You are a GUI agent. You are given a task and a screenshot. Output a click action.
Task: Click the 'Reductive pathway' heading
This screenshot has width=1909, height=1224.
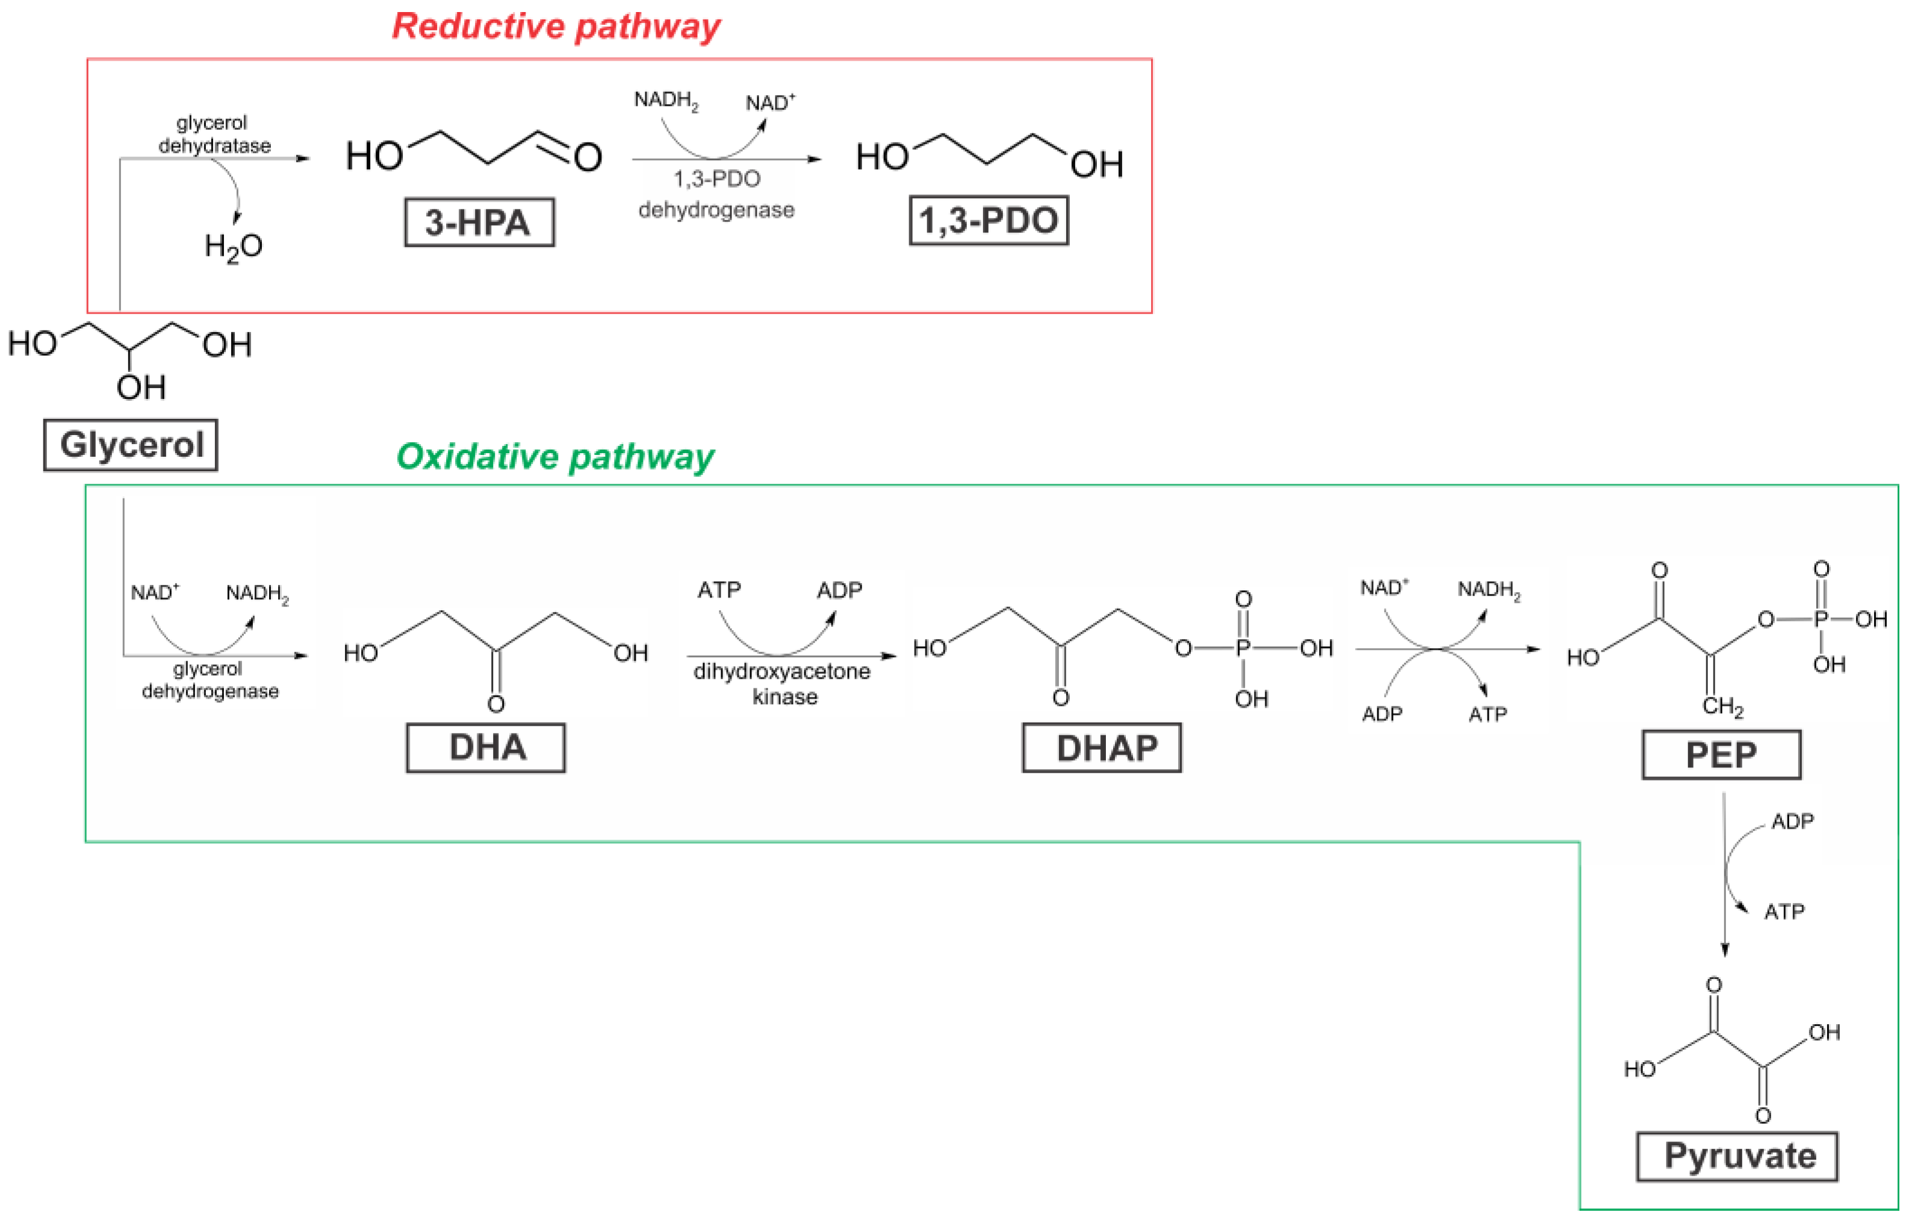556,26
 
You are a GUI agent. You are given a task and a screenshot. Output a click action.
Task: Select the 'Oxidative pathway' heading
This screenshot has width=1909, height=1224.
555,457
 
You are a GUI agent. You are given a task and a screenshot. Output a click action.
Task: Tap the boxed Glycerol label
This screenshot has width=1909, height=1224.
131,445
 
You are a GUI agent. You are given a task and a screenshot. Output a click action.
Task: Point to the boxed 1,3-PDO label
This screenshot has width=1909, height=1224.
989,221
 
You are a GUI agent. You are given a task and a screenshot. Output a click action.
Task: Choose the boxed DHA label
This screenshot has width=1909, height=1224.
486,748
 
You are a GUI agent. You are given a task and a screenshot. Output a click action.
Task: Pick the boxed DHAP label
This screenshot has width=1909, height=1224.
1101,748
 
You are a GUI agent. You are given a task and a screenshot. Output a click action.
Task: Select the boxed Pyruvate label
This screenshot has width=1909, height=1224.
1737,1157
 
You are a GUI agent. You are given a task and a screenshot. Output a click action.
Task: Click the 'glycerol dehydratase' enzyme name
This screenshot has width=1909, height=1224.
214,134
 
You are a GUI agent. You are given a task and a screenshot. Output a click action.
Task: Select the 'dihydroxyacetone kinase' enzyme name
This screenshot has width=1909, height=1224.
783,684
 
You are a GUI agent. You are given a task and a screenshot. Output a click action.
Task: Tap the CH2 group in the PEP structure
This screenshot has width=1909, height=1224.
1722,706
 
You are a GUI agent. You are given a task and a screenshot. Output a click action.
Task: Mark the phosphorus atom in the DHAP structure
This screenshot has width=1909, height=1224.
1243,649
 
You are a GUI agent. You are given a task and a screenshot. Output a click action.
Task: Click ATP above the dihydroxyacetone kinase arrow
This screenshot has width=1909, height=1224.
719,590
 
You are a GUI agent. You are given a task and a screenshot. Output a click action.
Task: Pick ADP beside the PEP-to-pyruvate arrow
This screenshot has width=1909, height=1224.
1792,821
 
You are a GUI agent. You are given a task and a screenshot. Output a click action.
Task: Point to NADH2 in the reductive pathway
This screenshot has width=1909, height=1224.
665,101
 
